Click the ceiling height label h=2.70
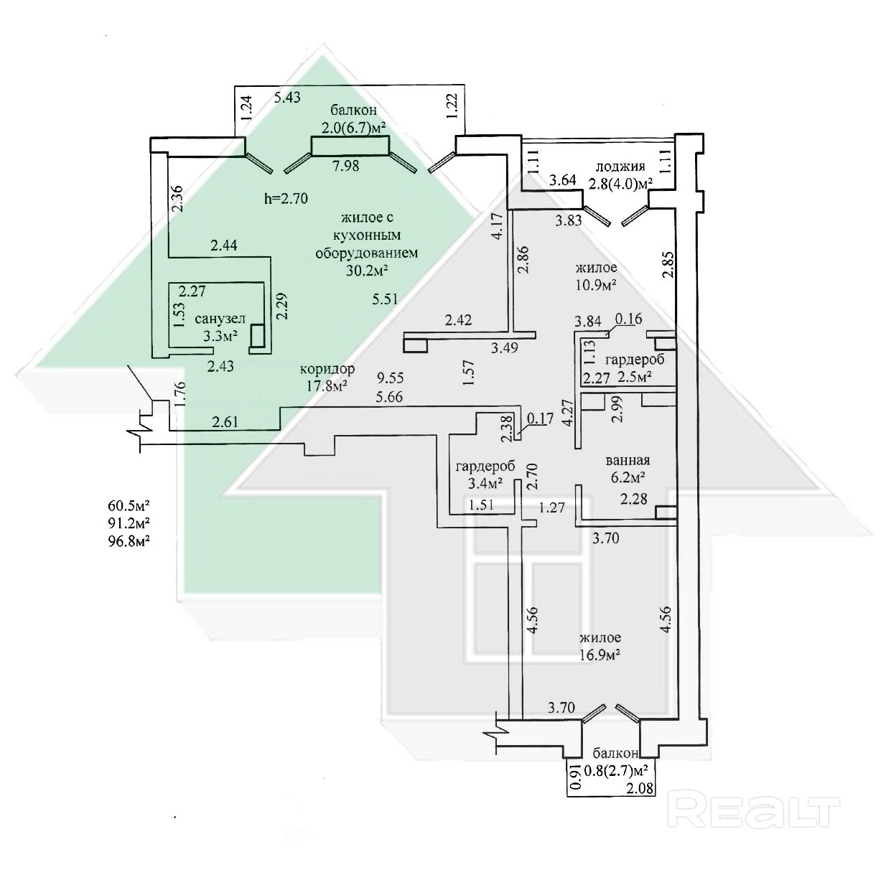click(x=286, y=199)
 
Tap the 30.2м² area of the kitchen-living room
click(x=367, y=270)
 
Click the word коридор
click(x=327, y=369)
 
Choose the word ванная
click(x=628, y=461)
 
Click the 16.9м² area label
click(x=600, y=654)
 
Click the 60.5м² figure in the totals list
click(x=129, y=505)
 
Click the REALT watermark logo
click(x=753, y=810)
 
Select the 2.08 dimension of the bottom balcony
click(x=640, y=789)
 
